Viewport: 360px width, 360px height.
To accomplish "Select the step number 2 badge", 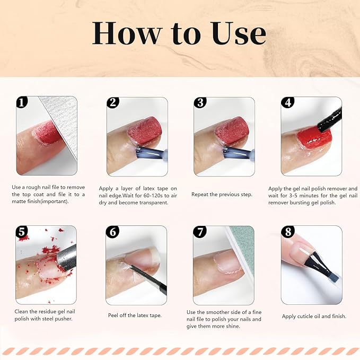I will (x=112, y=102).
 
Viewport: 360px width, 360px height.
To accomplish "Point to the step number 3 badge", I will (x=200, y=102).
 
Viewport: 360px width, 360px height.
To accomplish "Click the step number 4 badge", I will (x=288, y=102).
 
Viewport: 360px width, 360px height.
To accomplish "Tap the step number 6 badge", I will (x=112, y=232).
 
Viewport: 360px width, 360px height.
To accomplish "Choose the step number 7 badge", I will (x=200, y=232).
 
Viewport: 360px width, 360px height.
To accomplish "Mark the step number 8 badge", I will (x=288, y=232).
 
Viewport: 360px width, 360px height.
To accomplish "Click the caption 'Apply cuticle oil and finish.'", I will (x=314, y=316).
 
